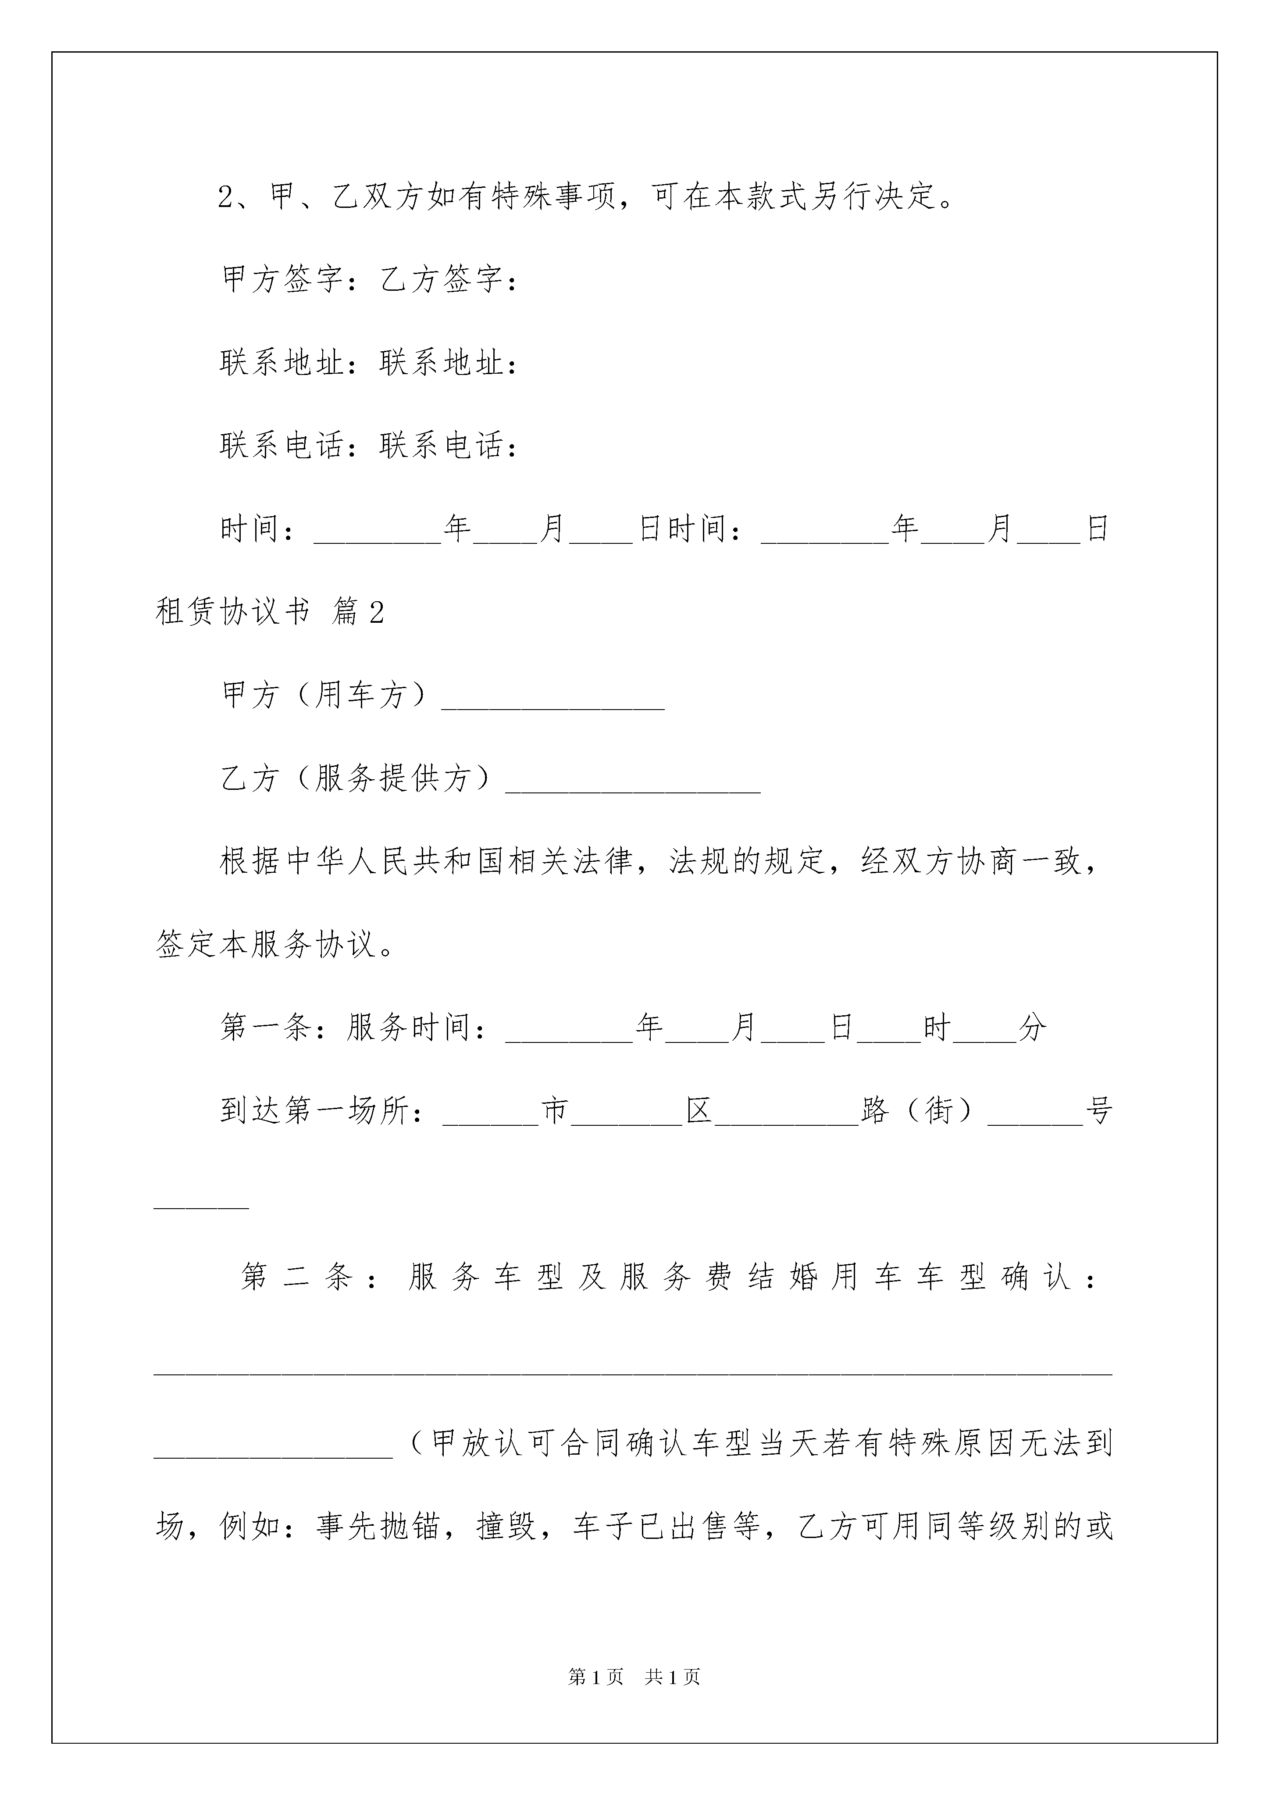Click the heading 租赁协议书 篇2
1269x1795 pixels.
[x=270, y=612]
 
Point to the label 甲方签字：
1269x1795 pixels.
[x=291, y=280]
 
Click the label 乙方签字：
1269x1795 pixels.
[x=449, y=280]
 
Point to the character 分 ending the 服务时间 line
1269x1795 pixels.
[x=1032, y=1027]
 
